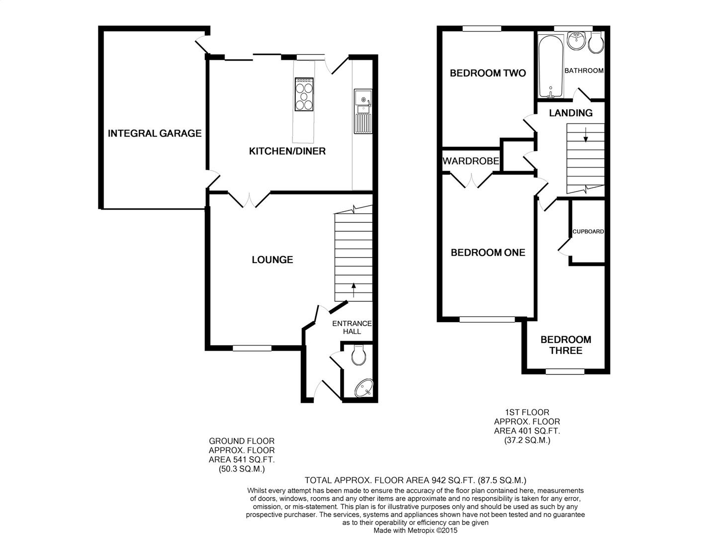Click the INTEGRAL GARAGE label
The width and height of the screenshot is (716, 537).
[x=155, y=133]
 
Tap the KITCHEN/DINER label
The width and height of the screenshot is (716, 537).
[x=287, y=151]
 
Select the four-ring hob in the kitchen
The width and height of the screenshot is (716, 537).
[x=304, y=94]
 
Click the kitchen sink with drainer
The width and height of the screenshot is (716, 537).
[x=362, y=111]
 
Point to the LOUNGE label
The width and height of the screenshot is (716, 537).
[x=272, y=260]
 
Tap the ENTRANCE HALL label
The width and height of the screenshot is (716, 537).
[x=352, y=327]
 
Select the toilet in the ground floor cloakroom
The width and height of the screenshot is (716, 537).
[x=358, y=355]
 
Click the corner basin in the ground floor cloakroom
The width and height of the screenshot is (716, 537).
[x=364, y=388]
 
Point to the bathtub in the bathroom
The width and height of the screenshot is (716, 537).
[x=550, y=66]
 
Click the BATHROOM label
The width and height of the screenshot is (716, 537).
[x=584, y=71]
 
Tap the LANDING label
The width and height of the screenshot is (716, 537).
[x=570, y=113]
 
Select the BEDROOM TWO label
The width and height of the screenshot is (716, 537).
[x=487, y=73]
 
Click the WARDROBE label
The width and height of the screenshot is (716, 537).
[x=471, y=161]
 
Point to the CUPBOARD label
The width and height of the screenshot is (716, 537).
[x=588, y=232]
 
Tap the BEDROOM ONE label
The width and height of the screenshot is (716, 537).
[x=488, y=253]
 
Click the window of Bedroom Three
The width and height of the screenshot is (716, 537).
[x=565, y=371]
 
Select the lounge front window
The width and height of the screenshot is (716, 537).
[x=252, y=348]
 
